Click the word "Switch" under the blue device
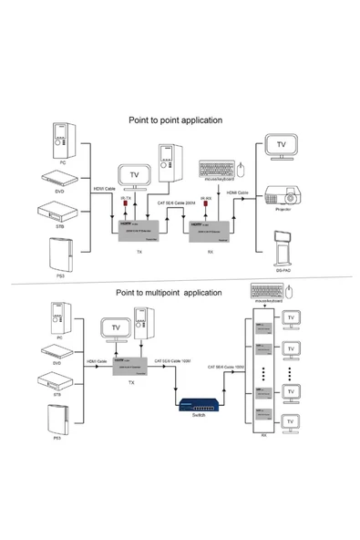click(x=200, y=416)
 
